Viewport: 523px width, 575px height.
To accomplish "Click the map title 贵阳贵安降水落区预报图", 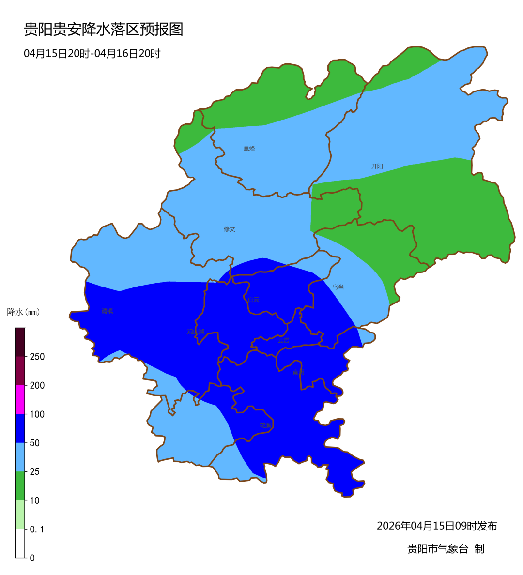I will click(104, 30).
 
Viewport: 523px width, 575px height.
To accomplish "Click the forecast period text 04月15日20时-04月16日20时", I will click(92, 54).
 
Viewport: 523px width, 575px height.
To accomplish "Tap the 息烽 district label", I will click(249, 149).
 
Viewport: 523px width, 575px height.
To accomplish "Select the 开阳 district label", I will click(377, 166).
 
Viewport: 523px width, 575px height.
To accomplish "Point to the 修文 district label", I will click(230, 229).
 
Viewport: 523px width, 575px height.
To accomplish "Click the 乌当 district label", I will click(338, 287).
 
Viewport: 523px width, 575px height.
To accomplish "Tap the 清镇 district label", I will click(107, 311).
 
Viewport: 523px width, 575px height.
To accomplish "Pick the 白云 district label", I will click(253, 300).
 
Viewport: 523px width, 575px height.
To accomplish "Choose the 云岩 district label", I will click(283, 341).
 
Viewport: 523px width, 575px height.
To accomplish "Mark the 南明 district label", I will click(298, 372).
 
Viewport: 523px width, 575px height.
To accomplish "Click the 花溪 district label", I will click(265, 425).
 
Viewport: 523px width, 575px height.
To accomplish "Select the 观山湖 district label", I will click(196, 332).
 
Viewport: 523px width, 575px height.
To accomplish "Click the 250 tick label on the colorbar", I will click(37, 357).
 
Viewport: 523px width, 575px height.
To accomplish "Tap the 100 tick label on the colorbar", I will click(37, 414).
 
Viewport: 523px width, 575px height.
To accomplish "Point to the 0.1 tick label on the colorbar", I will click(37, 530).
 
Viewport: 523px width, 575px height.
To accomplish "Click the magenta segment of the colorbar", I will click(20, 400).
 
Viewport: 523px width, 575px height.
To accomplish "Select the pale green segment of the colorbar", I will click(20, 514).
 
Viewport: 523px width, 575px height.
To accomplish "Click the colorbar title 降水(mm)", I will click(24, 312).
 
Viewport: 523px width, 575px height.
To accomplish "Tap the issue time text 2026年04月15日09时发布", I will click(437, 526).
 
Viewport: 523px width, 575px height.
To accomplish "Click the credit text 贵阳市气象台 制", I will click(446, 549).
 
